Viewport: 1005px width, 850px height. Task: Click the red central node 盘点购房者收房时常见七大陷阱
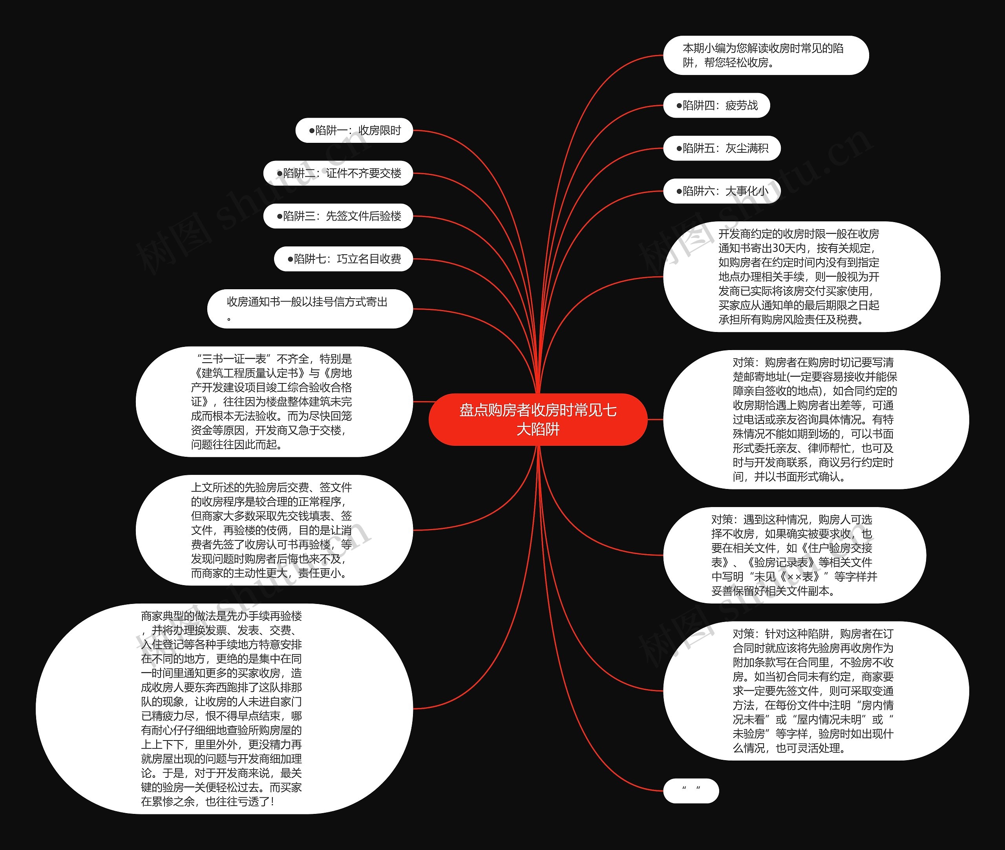537,419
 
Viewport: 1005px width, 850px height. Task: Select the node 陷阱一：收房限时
354,131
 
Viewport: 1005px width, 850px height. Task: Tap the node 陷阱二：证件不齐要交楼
338,173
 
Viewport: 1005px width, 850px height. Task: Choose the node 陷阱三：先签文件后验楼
338,216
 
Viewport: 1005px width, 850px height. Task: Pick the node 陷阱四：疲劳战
717,106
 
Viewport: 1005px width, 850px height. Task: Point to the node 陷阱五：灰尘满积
722,148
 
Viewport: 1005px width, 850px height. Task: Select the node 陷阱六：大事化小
722,191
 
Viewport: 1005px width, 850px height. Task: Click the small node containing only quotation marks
691,791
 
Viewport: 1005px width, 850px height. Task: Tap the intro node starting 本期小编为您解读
766,55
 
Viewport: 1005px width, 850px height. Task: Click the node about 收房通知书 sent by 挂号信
310,309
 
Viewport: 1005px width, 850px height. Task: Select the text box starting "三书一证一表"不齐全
274,401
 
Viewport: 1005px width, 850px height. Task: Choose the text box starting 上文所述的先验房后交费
274,530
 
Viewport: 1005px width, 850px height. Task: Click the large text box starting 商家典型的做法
224,708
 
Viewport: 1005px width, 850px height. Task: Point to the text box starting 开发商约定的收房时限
801,277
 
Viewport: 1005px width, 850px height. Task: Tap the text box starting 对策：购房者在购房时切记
815,419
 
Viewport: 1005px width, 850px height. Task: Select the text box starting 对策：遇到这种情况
794,555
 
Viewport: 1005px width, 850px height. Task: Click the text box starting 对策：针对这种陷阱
815,691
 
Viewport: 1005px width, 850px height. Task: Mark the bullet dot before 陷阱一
311,131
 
